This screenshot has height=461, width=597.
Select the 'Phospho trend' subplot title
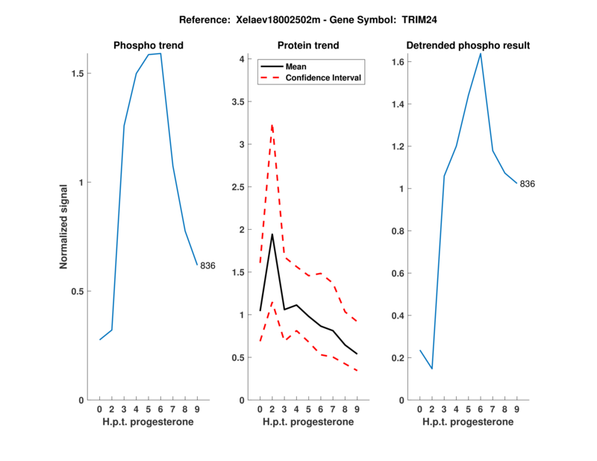coord(149,46)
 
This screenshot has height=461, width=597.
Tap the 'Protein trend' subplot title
coord(308,46)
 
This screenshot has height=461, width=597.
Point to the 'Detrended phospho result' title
coord(468,46)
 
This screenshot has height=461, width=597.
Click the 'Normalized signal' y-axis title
coord(64,227)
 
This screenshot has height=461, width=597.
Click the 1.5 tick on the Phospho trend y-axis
coord(76,73)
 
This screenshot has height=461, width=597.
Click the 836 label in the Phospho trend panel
coord(207,266)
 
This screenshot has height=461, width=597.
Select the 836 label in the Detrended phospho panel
coord(528,184)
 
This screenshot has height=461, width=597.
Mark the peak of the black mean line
coord(272,234)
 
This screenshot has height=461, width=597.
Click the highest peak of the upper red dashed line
coord(272,124)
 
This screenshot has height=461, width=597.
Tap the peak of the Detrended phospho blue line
coord(481,53)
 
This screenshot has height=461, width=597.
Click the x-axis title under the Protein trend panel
coord(308,422)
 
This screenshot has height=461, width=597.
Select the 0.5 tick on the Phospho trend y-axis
coord(76,292)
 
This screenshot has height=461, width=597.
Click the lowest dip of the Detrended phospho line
coord(431,369)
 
